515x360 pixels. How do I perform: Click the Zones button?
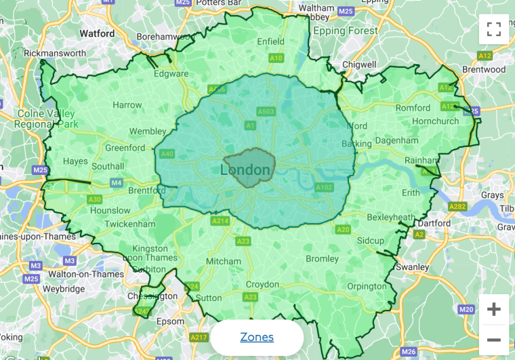[257, 337]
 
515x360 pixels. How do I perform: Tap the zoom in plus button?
[494, 310]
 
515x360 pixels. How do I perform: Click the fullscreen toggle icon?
[494, 29]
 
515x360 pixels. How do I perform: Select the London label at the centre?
[245, 169]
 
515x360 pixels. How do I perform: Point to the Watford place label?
[97, 33]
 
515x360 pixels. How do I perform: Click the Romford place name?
[413, 108]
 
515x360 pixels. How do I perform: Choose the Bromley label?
[322, 258]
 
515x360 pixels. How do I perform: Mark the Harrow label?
[127, 105]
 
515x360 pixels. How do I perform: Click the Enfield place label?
[271, 41]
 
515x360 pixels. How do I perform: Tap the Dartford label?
[434, 223]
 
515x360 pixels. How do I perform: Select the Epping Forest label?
[345, 31]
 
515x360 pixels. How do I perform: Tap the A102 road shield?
[324, 187]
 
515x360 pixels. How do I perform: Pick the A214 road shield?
[220, 221]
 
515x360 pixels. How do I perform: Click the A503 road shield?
[265, 111]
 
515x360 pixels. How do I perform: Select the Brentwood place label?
[484, 69]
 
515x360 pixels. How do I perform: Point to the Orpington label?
[366, 285]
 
